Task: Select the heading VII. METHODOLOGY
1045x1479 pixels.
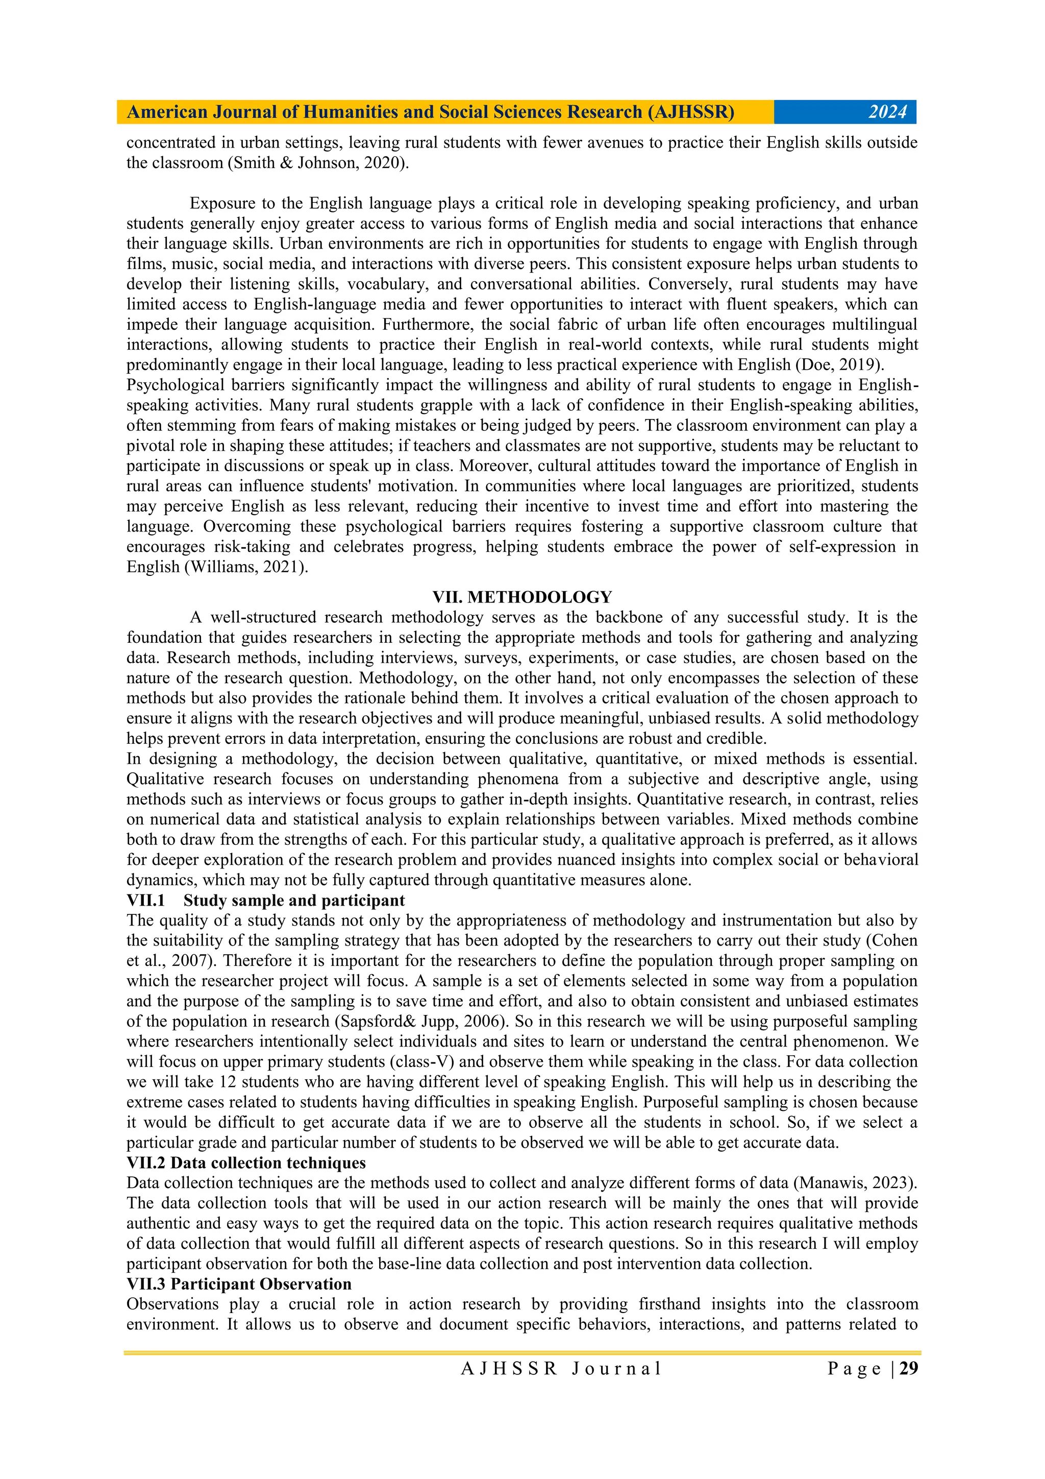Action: pos(521,597)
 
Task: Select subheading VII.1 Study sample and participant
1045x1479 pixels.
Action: pos(265,900)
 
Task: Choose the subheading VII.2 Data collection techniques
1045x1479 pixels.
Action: pos(246,1162)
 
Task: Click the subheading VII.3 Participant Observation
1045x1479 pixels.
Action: pos(239,1284)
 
